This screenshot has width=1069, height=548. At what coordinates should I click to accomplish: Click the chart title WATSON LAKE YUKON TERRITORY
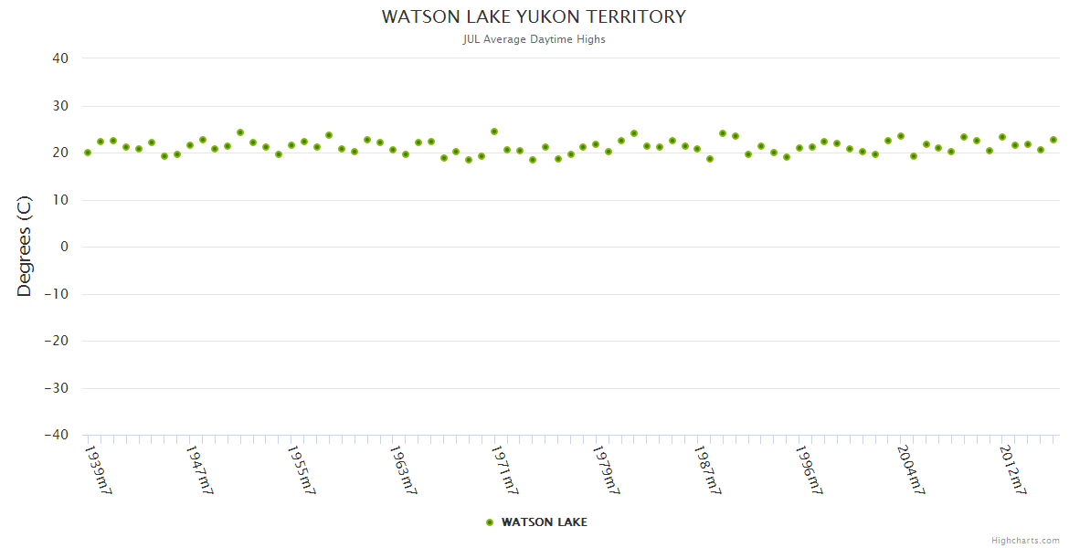tap(534, 16)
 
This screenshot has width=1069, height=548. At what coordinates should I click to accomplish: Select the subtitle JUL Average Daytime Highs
tap(534, 39)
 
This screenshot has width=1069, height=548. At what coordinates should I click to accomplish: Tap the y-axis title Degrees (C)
tap(25, 247)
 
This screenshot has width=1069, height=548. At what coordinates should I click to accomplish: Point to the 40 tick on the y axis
tap(60, 58)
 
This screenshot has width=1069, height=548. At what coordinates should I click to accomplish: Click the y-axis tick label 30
tap(60, 106)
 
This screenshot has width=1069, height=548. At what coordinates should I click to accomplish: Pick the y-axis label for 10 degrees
tap(60, 200)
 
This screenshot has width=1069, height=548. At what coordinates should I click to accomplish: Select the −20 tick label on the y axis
tap(57, 341)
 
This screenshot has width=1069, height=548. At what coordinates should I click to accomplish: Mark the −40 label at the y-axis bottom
tap(57, 435)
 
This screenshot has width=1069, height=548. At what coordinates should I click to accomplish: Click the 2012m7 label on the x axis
tap(1012, 469)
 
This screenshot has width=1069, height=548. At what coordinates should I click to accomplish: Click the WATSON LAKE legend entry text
tap(545, 522)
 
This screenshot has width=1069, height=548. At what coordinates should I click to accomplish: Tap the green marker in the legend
tap(490, 522)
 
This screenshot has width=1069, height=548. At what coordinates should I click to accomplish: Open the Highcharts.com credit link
tap(1025, 540)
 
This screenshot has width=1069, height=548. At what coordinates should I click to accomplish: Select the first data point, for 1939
tap(88, 153)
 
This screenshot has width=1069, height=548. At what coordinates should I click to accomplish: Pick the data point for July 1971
tap(494, 132)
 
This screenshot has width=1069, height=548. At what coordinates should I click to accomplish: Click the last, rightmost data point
tap(1053, 140)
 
